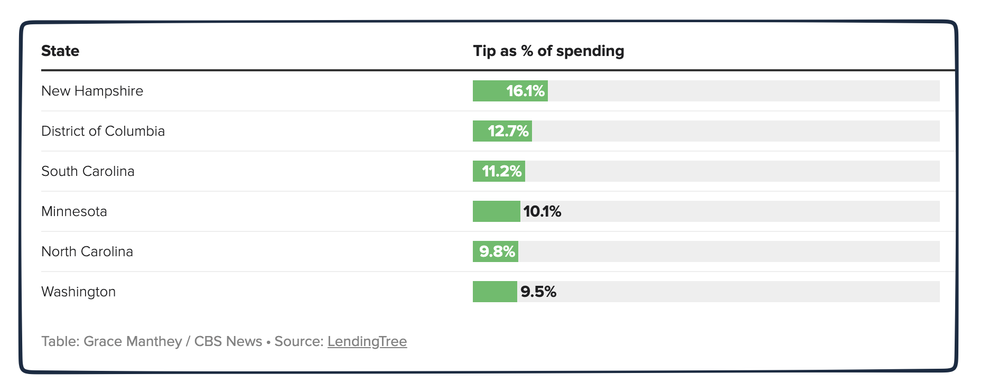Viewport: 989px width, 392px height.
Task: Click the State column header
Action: point(60,51)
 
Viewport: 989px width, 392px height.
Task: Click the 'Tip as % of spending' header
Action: point(548,51)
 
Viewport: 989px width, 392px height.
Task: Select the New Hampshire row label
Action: point(92,91)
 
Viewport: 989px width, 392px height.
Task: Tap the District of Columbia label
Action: point(103,131)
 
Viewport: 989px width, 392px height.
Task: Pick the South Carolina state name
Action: point(88,171)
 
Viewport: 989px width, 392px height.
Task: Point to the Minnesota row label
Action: point(74,211)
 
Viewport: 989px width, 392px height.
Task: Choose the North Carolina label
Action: point(87,251)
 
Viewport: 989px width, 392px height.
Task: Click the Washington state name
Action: point(78,292)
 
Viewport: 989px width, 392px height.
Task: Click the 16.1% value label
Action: point(525,91)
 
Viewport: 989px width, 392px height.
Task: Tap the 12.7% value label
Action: point(508,131)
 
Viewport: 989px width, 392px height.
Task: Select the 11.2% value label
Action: point(501,171)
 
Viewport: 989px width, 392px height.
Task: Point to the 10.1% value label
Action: point(542,211)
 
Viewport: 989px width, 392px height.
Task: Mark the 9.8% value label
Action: point(497,251)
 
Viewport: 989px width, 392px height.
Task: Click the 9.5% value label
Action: point(538,292)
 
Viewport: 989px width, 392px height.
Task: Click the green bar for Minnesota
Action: point(496,211)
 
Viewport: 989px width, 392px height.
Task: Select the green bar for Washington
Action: point(494,292)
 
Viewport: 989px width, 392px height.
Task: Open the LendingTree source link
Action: point(367,341)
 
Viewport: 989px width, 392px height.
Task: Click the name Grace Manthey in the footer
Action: point(133,341)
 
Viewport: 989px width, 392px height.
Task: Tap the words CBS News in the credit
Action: point(228,341)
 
